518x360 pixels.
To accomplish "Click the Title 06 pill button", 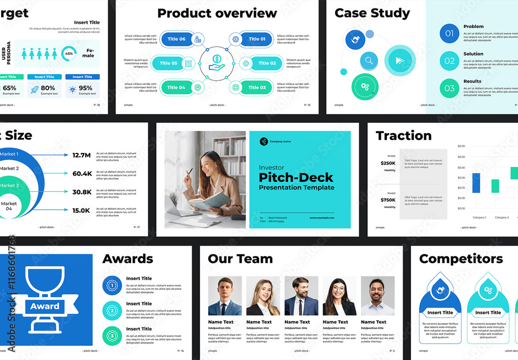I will click(x=176, y=39).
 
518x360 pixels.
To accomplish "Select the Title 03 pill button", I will click(x=256, y=88).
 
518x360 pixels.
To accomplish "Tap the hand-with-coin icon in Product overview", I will click(x=217, y=63).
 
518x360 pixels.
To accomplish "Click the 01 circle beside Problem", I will click(x=449, y=34).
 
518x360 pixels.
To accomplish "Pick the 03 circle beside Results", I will click(x=449, y=88).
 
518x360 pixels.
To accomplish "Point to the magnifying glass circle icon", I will click(x=369, y=61).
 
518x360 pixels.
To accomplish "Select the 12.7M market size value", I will click(x=82, y=155).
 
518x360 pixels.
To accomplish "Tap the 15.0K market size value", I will click(x=82, y=210).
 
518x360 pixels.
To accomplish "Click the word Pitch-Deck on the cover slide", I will click(x=296, y=177).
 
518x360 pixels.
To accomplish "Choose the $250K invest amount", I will click(x=388, y=163).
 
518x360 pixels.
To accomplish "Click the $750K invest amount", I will click(x=388, y=200).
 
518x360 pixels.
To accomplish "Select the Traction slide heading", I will click(x=404, y=136).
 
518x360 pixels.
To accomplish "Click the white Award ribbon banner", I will click(x=45, y=306).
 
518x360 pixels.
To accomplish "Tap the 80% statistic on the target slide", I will click(x=48, y=88).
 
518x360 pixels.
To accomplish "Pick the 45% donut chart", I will click(x=69, y=53).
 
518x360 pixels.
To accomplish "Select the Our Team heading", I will click(x=240, y=258).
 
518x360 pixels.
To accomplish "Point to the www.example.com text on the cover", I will click(x=322, y=218).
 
